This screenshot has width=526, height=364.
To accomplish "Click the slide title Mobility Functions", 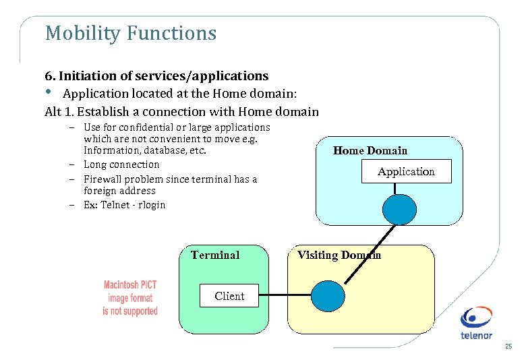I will [130, 33].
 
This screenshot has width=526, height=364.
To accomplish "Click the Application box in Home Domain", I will [406, 172].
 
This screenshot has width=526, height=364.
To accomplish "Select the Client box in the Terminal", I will [229, 296].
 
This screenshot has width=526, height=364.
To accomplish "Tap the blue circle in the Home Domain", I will [399, 209].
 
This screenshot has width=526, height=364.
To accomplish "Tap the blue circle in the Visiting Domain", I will [328, 296].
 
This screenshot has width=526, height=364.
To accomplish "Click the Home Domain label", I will [370, 150].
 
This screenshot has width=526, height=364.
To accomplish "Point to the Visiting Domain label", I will [339, 255].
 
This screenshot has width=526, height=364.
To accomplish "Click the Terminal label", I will [215, 255].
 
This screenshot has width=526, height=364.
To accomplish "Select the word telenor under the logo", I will [477, 335].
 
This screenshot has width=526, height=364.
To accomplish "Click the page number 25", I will [508, 346].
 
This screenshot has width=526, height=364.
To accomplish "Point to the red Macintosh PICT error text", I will [130, 298].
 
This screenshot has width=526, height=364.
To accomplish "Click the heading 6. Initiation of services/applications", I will [156, 76].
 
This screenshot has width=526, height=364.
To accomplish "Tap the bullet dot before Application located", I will [49, 93].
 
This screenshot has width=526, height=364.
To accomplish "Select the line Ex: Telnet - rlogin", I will [124, 205].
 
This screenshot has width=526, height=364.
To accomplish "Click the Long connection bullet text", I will [121, 164].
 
